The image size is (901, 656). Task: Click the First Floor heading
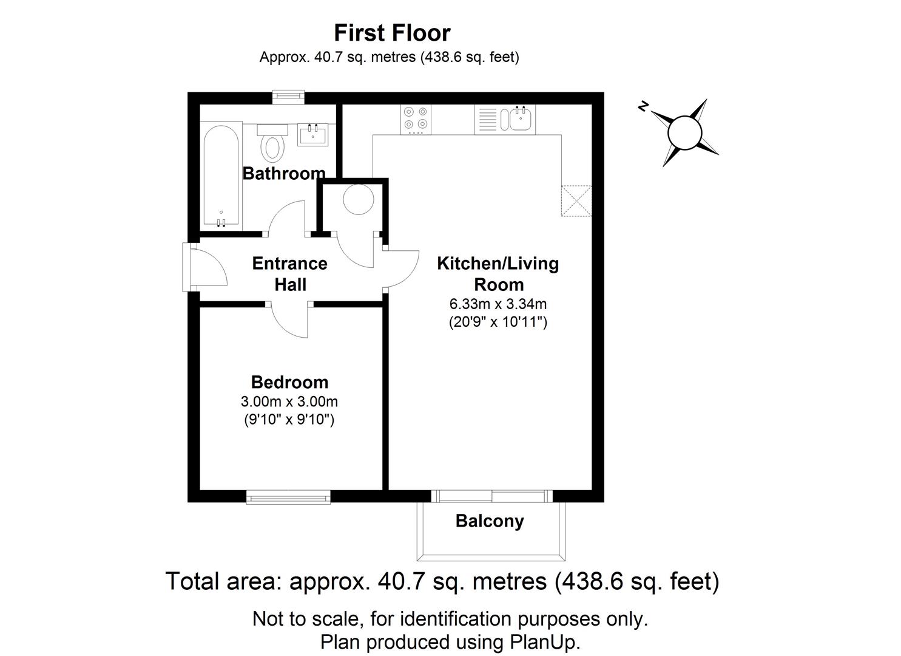coord(392,32)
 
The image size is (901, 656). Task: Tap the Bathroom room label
coord(284,174)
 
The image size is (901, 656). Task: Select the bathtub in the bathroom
coord(221,176)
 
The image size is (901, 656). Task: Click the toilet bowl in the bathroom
coord(273,146)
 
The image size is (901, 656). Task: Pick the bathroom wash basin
coord(312,134)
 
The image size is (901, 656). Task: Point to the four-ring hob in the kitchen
coord(416,120)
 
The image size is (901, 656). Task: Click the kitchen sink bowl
coord(521,120)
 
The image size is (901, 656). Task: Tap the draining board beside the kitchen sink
coord(487,120)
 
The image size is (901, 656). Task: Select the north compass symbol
coord(684,132)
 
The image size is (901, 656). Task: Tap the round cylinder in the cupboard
coord(358,199)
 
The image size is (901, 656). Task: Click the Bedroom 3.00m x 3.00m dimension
coord(289,401)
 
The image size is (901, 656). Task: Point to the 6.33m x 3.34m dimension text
coord(498,304)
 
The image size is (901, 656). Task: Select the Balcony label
coord(490,521)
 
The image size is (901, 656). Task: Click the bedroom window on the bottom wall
coord(288,497)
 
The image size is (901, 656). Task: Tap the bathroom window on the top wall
coord(288,95)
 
